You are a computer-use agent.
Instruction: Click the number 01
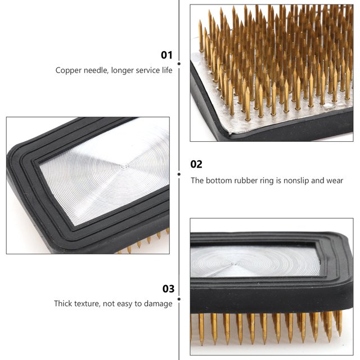[x=166, y=55]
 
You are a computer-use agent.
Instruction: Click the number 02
[x=196, y=164]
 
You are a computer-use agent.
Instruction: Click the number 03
[x=168, y=289]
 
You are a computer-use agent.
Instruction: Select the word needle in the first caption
[x=96, y=71]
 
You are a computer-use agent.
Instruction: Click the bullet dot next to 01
[x=179, y=55]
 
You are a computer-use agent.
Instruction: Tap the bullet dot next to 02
[x=179, y=165]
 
